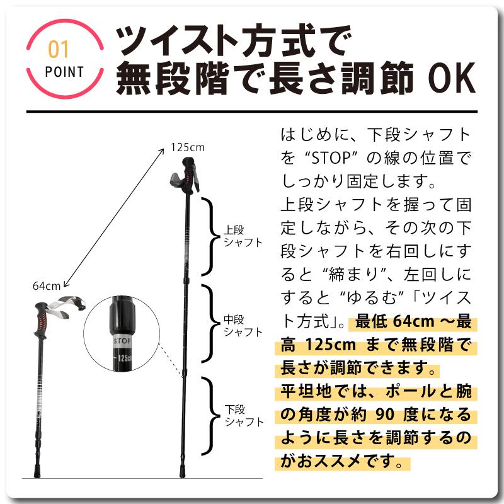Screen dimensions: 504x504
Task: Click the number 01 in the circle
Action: (59, 49)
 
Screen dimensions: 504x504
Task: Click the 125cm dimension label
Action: (187, 147)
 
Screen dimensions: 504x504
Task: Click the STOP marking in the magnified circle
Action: (122, 341)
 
